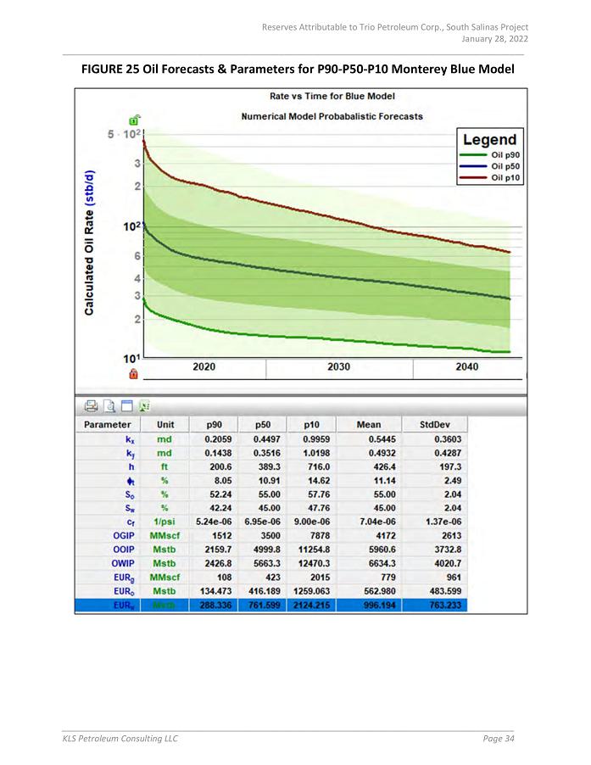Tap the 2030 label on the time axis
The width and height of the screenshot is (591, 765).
(338, 366)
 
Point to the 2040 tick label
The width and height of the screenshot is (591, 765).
(466, 366)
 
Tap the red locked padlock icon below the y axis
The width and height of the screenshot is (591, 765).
(133, 373)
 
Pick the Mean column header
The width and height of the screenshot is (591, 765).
(368, 424)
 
